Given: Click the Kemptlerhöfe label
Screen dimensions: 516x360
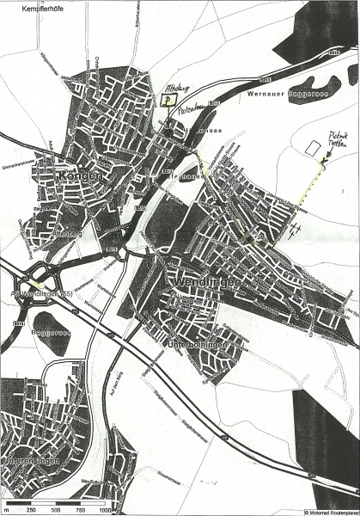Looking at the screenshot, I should pos(26,6).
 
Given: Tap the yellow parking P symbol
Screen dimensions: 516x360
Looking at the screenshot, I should pos(163,100).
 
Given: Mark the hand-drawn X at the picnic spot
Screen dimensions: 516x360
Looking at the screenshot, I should pos(324,161).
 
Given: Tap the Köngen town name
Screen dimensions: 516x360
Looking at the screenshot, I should pos(81,176).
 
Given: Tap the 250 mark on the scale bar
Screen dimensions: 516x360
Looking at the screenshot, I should pos(31,511).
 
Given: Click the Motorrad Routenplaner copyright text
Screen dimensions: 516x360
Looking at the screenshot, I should pos(332,511).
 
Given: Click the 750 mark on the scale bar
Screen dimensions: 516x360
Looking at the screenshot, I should pos(79,511).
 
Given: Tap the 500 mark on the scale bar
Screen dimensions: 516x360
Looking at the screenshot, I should pos(55,511).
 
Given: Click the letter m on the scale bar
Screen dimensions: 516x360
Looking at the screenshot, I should pos(5,511).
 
